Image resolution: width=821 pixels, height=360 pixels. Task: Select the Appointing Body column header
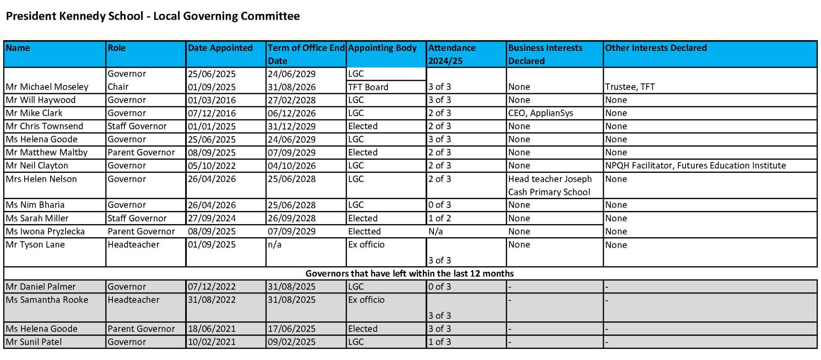[382, 48]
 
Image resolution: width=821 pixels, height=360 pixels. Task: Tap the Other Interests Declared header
[656, 48]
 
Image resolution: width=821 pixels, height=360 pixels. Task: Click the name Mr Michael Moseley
[47, 87]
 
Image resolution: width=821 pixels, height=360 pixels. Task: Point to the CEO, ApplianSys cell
[540, 113]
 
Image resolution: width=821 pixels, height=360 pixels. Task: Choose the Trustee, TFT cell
[630, 87]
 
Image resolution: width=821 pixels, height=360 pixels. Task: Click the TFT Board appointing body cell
[368, 87]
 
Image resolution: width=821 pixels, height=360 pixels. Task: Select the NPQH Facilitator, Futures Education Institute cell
[695, 165]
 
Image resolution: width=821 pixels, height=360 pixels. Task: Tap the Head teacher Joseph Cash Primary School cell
[550, 185]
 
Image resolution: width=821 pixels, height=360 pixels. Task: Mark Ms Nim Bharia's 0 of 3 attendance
[439, 205]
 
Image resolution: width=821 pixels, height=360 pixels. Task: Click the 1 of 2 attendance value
[439, 218]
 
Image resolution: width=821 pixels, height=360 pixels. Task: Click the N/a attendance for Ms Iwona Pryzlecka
[435, 231]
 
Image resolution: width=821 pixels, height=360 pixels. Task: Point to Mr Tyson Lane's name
[35, 245]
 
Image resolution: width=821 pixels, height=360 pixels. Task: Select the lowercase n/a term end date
[275, 245]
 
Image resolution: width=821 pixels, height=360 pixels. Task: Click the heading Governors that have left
[409, 273]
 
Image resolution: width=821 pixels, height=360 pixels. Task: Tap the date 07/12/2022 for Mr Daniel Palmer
[212, 287]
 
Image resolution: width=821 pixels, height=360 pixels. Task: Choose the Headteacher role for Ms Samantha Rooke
[133, 300]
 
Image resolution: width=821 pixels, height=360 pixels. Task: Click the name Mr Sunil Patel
[34, 342]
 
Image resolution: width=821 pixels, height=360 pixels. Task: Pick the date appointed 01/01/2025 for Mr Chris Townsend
[212, 126]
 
